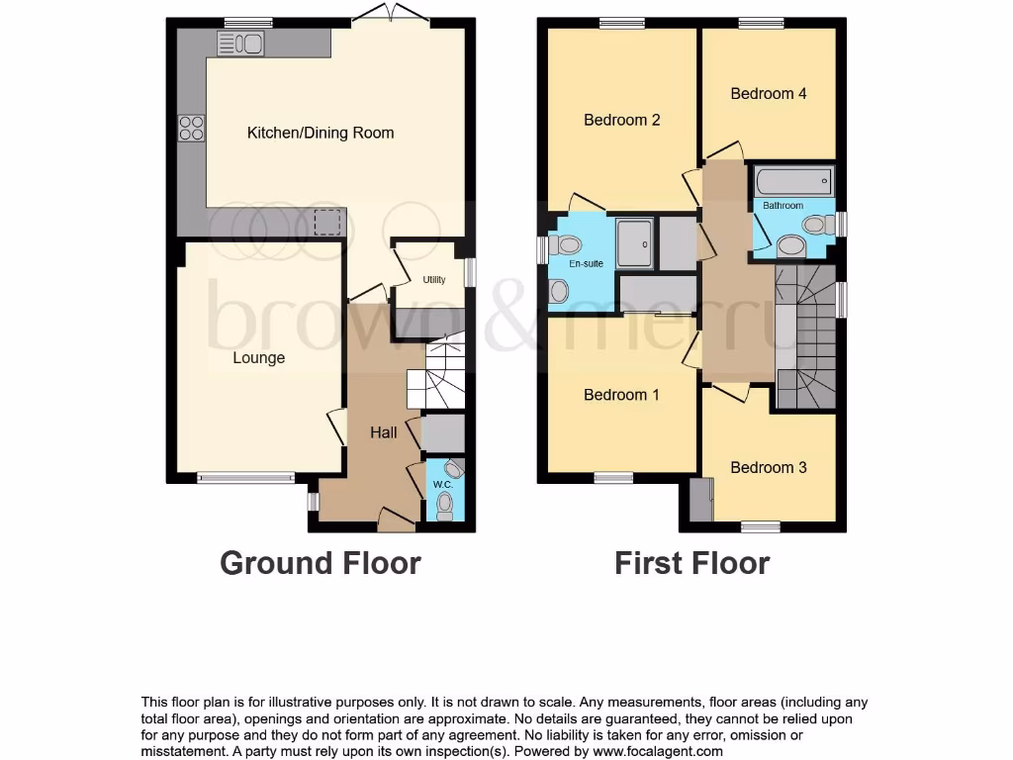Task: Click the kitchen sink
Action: pyautogui.click(x=240, y=43)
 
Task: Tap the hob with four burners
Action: pyautogui.click(x=191, y=129)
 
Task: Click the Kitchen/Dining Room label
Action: pyautogui.click(x=320, y=133)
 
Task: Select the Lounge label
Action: pyautogui.click(x=259, y=358)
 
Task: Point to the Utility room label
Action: pyautogui.click(x=434, y=280)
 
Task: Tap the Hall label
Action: pyautogui.click(x=384, y=432)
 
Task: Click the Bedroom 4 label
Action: pyautogui.click(x=769, y=94)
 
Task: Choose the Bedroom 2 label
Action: pyautogui.click(x=621, y=121)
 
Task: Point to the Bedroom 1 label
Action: pyautogui.click(x=621, y=395)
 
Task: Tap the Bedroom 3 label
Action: pyautogui.click(x=769, y=467)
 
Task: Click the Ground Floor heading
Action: pyautogui.click(x=320, y=563)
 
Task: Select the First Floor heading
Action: pyautogui.click(x=691, y=563)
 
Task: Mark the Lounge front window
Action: pyautogui.click(x=246, y=478)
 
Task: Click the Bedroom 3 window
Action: pyautogui.click(x=761, y=526)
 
